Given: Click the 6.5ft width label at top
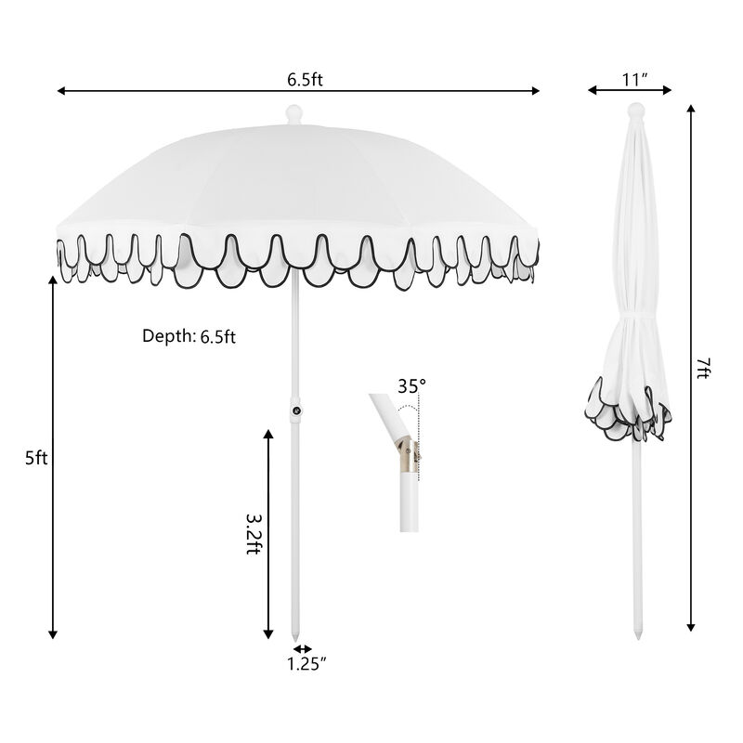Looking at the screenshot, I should click(305, 79).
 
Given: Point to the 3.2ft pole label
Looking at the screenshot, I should click(252, 534).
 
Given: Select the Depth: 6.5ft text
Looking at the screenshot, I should click(189, 336).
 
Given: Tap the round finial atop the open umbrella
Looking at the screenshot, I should click(294, 114).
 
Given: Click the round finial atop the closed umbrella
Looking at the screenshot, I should click(635, 111).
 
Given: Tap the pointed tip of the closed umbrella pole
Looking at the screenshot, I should click(636, 636).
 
